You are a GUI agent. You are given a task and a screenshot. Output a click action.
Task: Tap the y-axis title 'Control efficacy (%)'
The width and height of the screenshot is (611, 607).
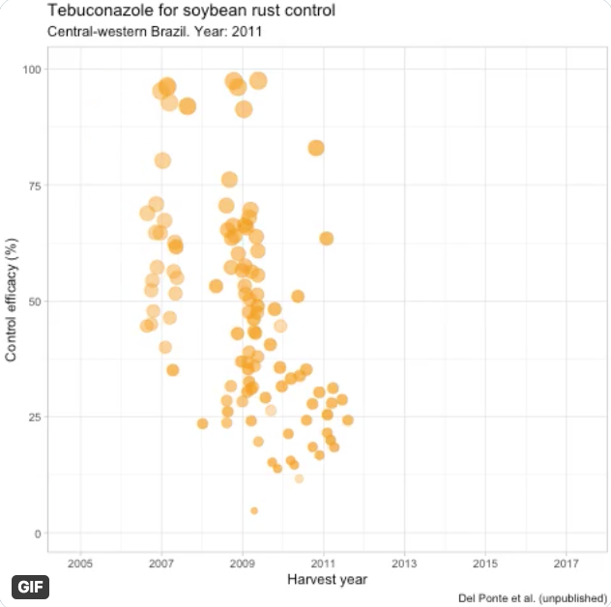click(x=12, y=301)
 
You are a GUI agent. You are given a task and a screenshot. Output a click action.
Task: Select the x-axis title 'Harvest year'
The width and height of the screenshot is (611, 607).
click(x=327, y=580)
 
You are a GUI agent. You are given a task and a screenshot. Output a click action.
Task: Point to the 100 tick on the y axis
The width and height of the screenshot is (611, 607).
click(x=32, y=70)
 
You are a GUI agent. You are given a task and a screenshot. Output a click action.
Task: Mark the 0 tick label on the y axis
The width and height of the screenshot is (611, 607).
click(x=38, y=534)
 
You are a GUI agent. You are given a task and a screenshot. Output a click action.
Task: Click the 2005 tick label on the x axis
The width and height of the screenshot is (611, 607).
click(x=80, y=563)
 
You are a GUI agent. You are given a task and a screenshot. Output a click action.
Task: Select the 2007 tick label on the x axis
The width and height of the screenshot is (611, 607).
click(x=161, y=563)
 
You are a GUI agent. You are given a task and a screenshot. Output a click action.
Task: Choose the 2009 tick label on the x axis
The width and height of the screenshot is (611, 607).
click(x=243, y=563)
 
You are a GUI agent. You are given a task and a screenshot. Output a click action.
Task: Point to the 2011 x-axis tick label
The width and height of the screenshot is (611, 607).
click(x=324, y=563)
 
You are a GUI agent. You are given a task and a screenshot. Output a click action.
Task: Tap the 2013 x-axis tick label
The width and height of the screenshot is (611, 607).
click(x=405, y=563)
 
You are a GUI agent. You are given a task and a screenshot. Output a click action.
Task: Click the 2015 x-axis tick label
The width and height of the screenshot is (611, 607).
click(x=485, y=563)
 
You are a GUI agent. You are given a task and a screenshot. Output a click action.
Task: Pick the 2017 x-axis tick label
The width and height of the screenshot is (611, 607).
click(x=567, y=563)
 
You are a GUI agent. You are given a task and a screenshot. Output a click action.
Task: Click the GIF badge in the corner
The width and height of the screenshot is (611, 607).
click(x=30, y=587)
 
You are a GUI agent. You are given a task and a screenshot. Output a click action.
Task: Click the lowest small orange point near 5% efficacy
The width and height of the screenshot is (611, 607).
click(x=254, y=510)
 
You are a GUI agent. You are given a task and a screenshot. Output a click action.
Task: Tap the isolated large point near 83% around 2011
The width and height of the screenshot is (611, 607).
click(x=316, y=148)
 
